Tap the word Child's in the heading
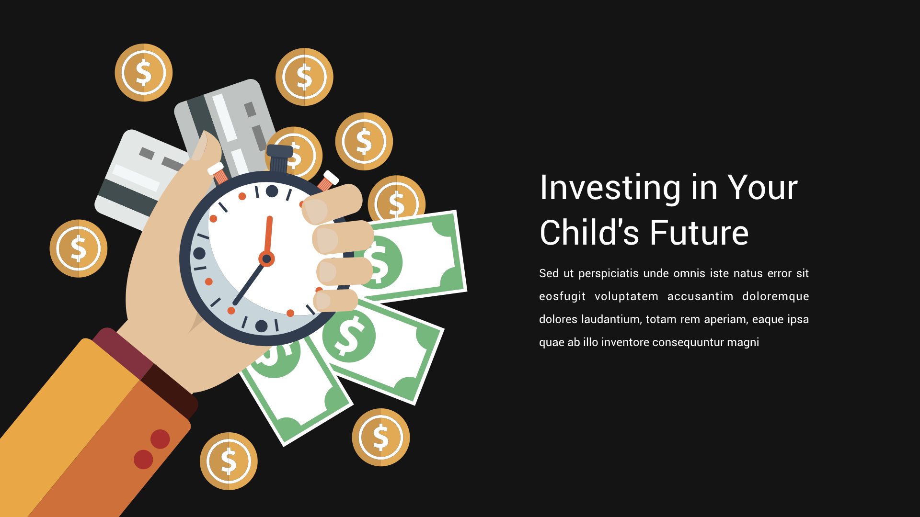590,233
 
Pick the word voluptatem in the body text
626,297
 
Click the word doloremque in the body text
775,297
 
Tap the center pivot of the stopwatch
266,259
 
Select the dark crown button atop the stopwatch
279,157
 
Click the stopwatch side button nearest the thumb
218,172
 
